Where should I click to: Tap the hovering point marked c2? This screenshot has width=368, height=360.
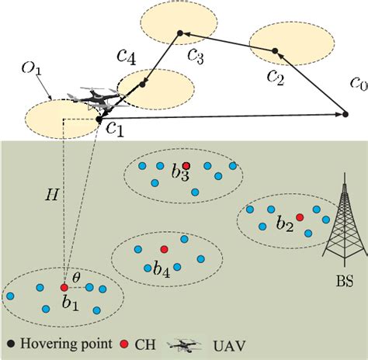(x=274, y=51)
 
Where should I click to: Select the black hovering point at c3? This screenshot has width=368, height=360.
(x=179, y=33)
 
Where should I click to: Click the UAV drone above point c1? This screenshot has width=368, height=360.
(x=97, y=99)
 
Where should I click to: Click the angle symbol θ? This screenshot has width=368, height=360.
(x=76, y=275)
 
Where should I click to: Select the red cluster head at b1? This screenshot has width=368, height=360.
(x=64, y=288)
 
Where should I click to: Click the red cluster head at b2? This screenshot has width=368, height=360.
(x=300, y=218)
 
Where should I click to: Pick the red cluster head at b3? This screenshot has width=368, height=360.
(x=186, y=166)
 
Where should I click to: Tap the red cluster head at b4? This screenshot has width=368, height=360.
(x=163, y=248)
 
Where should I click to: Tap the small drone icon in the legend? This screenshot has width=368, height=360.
(x=187, y=343)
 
